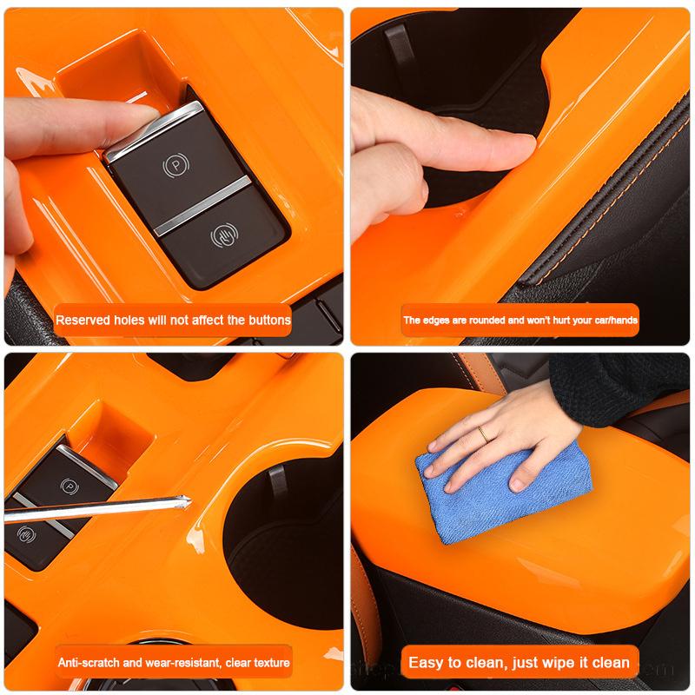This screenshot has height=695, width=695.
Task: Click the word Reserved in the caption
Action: pos(85,320)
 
